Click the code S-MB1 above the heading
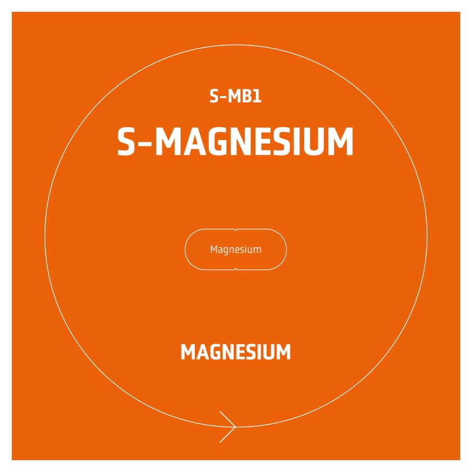[x=235, y=96]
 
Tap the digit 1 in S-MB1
[x=257, y=96]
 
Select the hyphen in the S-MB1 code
[x=223, y=97]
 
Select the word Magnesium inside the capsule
[x=235, y=249]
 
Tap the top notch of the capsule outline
[x=235, y=230]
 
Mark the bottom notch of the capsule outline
[x=235, y=269]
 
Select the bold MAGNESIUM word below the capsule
[x=235, y=352]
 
